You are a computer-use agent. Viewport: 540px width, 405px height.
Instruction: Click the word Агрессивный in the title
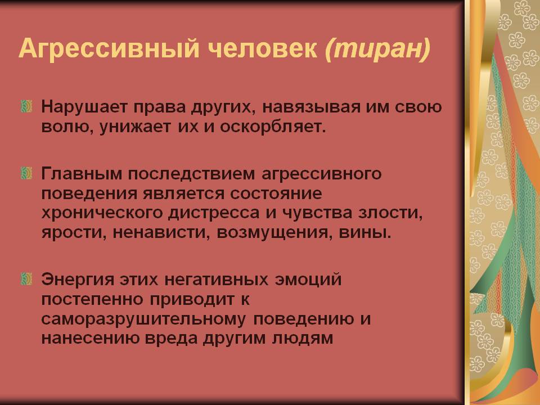tap(109, 48)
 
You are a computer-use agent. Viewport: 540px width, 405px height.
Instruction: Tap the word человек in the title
tap(263, 48)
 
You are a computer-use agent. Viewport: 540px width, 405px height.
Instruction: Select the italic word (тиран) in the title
tap(378, 48)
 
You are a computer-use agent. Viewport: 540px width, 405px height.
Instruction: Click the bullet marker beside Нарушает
tap(26, 106)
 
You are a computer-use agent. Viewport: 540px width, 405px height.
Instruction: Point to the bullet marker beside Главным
tap(26, 173)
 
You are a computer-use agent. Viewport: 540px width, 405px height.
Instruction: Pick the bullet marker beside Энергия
tap(26, 279)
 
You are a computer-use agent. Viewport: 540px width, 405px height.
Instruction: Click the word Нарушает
tap(84, 107)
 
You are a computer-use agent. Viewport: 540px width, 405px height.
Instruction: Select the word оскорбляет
tap(273, 127)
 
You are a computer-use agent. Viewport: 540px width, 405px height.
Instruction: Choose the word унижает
tap(135, 128)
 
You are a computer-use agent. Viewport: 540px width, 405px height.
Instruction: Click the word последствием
tap(191, 174)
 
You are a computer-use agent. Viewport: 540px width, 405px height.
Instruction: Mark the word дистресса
tap(214, 213)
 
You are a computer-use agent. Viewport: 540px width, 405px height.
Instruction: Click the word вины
tap(366, 233)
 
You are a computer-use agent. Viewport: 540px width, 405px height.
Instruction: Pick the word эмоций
tap(308, 280)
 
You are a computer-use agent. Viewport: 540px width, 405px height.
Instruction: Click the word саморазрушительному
tap(143, 319)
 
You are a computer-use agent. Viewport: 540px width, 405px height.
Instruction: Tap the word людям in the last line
tap(303, 339)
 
